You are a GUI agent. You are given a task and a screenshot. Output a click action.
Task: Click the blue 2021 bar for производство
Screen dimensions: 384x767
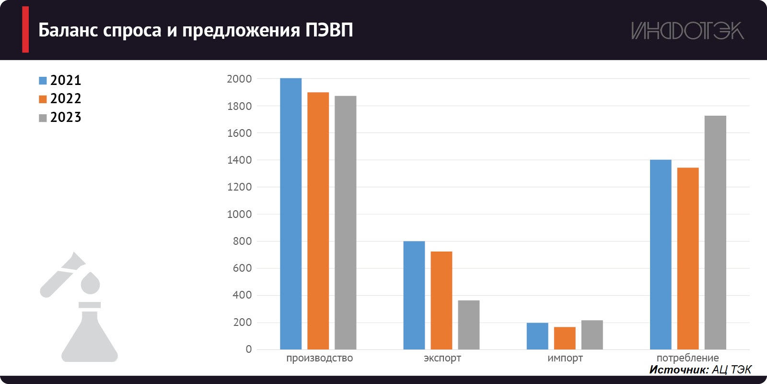point(291,214)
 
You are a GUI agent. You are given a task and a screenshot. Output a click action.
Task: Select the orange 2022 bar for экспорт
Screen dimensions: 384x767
point(441,300)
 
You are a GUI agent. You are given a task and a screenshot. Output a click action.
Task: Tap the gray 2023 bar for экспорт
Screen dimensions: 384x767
point(468,325)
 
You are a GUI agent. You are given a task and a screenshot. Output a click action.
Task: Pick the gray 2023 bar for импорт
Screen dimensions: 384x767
point(592,335)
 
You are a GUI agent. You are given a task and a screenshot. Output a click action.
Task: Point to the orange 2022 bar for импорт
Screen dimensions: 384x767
point(564,338)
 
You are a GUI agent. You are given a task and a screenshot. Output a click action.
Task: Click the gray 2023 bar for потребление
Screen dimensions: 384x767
point(715,233)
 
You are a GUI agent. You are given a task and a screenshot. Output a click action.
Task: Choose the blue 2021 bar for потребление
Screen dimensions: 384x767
point(660,254)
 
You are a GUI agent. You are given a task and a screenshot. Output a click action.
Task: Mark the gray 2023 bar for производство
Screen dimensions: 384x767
point(345,223)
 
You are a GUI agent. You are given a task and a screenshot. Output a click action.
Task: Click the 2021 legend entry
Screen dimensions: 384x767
point(60,80)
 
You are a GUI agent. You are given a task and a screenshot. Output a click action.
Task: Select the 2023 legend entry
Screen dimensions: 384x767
point(60,118)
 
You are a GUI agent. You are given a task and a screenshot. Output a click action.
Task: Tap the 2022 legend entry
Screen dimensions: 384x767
point(60,99)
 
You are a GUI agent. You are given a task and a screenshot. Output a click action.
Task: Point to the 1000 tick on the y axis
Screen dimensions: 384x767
point(239,214)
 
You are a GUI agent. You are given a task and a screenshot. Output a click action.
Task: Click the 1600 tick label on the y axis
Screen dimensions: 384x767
point(239,133)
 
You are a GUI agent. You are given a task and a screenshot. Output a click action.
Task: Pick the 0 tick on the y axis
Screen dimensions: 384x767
point(248,349)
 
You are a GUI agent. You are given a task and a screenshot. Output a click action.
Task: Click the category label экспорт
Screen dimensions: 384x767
point(442,358)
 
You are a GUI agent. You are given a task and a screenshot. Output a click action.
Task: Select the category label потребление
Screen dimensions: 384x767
point(687,358)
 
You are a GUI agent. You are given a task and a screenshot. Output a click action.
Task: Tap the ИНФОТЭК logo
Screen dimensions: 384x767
point(687,31)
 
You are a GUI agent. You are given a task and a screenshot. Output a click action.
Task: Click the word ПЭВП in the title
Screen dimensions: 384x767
point(329,30)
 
